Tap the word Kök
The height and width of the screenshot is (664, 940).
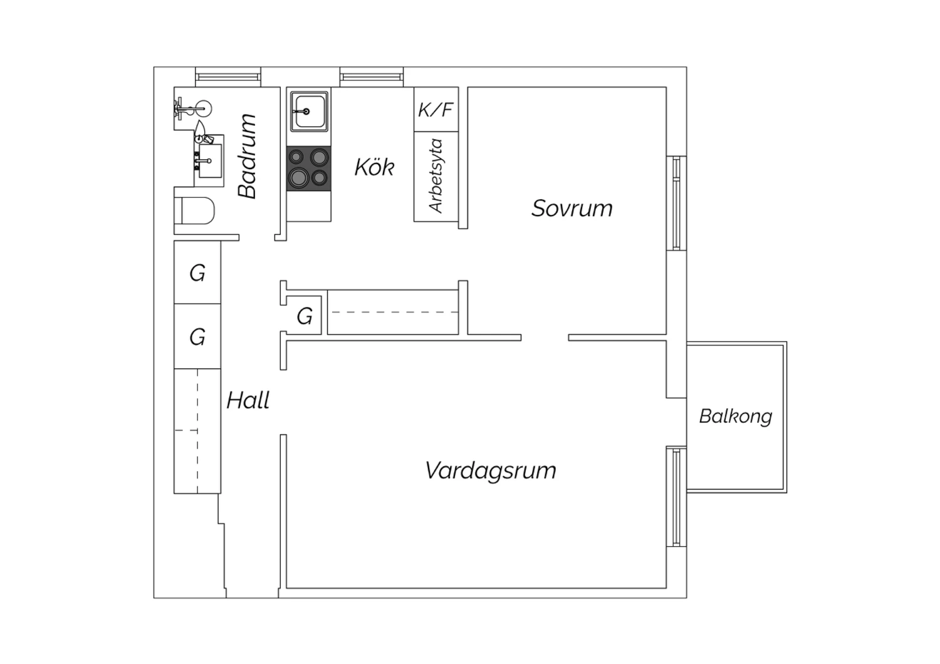374,167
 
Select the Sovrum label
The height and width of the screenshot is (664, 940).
572,209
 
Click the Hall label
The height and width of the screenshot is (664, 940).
248,400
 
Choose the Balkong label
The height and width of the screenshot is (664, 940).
736,417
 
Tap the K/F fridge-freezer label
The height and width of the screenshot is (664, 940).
436,110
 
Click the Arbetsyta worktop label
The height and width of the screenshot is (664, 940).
436,176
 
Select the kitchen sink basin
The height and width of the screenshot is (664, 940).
309,111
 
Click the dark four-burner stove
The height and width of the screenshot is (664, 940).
309,169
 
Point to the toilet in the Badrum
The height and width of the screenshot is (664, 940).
194,210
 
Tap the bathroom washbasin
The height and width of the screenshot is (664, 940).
209,160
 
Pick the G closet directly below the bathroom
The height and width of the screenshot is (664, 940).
197,272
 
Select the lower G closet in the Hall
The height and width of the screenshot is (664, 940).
197,336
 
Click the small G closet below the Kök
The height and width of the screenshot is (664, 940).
304,316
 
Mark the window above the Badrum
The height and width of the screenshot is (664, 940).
228,77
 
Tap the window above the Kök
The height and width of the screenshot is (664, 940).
372,77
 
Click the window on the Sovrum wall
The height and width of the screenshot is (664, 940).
676,204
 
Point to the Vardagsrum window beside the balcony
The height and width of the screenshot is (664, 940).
676,497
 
